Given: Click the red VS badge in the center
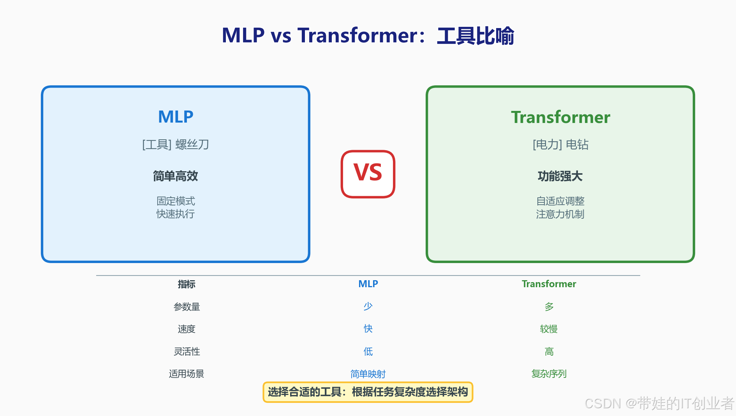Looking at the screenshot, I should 368,174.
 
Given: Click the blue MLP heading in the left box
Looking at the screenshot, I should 176,117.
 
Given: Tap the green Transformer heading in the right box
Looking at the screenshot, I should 560,117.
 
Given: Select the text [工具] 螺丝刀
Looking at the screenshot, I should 176,145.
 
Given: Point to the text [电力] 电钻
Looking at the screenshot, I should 560,145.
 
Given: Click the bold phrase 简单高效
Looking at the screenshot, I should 176,176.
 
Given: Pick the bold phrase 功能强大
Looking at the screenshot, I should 560,176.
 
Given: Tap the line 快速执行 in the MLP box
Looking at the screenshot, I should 176,214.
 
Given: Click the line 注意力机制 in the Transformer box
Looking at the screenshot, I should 560,214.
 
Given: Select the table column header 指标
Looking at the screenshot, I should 187,284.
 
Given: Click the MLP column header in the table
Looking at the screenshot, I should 368,284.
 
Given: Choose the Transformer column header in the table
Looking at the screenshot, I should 549,284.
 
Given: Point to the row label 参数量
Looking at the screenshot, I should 187,307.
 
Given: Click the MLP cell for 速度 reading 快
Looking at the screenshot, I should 368,329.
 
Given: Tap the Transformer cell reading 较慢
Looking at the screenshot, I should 549,329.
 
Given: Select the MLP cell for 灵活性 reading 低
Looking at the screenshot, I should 368,352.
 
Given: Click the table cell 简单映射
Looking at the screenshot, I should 368,374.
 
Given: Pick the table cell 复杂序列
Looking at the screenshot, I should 549,374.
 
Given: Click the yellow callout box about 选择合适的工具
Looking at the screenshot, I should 368,392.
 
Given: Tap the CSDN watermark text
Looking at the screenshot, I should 659,404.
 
